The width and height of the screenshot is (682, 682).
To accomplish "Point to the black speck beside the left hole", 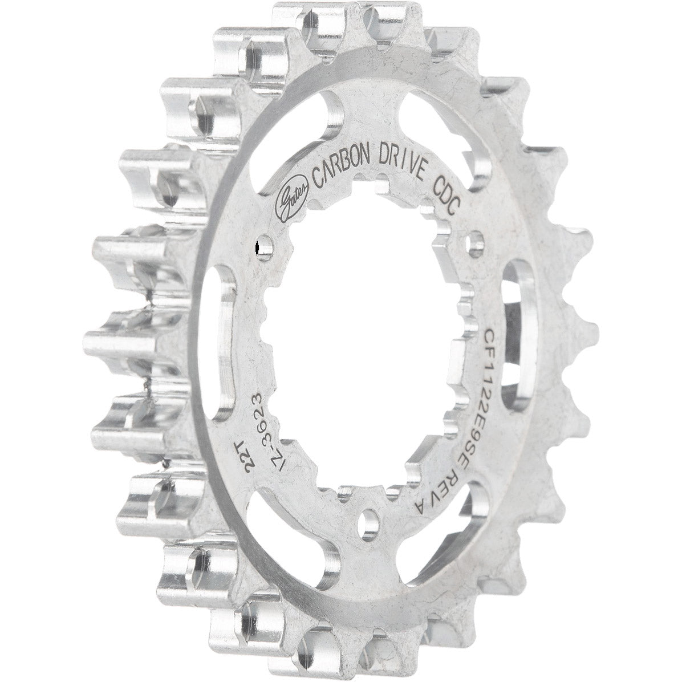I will coord(257,247).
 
